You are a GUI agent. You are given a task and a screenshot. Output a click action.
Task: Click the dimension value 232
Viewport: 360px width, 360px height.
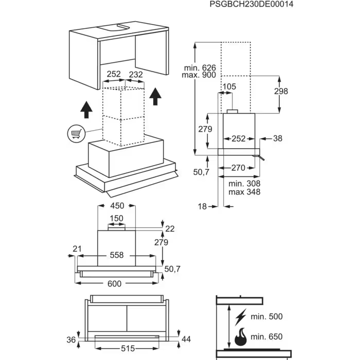point(136,75)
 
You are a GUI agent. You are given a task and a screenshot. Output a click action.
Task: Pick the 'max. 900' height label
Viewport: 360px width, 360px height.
point(199,75)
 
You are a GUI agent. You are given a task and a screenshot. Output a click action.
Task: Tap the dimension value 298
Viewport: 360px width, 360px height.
point(281,91)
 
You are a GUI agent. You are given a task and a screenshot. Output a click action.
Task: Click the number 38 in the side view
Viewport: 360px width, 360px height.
point(278,138)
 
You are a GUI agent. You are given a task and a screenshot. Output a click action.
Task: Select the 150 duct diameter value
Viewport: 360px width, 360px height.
point(117,218)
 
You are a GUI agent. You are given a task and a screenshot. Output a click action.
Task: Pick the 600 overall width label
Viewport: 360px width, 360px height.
point(115,283)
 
